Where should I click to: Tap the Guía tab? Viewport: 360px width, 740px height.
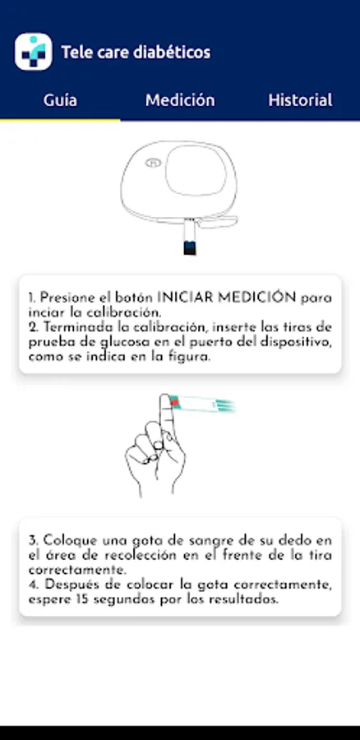point(60,100)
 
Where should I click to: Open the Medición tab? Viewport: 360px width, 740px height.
point(180,100)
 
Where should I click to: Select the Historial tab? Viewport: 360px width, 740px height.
point(300,100)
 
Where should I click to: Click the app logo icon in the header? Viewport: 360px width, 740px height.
point(34,52)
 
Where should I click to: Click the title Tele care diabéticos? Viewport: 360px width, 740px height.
point(136,52)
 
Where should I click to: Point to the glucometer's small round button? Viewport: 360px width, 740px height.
point(153,163)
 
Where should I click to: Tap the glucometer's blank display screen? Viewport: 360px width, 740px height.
point(196,170)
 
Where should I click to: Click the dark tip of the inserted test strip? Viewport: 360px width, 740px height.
point(190,248)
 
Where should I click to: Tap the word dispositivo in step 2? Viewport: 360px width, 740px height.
point(297,342)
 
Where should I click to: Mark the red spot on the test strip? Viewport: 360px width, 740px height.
point(174,402)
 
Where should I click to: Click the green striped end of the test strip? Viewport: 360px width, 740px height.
point(224,405)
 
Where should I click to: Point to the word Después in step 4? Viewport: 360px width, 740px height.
point(67,585)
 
